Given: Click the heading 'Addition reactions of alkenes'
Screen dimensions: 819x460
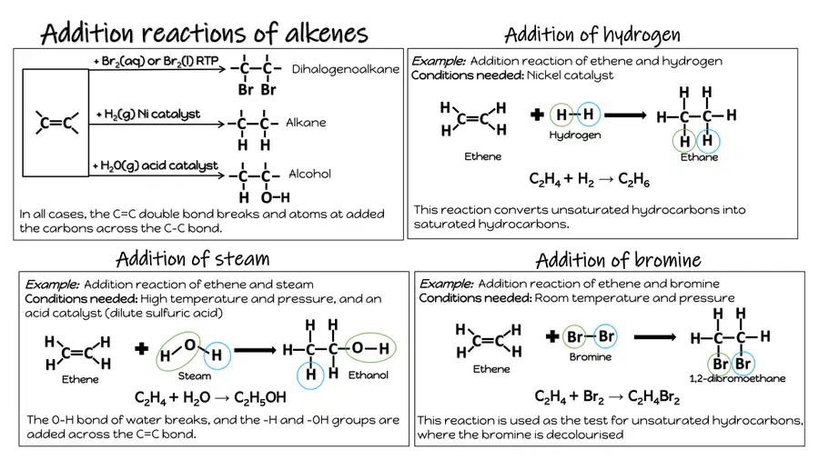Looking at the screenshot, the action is tap(204, 33).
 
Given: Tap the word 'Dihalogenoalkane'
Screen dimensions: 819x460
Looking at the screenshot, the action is tap(345, 69).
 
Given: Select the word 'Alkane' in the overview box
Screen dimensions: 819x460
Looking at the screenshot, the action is tap(306, 123).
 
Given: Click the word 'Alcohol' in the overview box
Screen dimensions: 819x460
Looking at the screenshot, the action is tap(309, 174).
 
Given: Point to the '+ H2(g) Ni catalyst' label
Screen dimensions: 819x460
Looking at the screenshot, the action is tap(148, 115).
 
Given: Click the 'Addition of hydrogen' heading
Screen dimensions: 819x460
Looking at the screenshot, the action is tap(592, 35).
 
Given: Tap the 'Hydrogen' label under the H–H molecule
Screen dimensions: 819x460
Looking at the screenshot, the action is tap(574, 135).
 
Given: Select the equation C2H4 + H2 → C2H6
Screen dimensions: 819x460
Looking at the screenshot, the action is tap(589, 180).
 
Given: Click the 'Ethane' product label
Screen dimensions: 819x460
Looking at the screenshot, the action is tap(699, 157).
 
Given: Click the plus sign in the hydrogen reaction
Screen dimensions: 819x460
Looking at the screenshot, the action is tap(537, 115).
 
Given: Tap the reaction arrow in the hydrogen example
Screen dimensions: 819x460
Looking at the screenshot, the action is tap(625, 115).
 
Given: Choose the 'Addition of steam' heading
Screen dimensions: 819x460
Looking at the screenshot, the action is tap(193, 259).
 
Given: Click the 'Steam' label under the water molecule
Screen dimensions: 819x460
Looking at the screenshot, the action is tap(195, 376).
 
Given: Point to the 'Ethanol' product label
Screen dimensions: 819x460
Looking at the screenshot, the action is tap(369, 375).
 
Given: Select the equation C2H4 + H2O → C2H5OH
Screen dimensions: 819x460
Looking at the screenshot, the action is tap(210, 398).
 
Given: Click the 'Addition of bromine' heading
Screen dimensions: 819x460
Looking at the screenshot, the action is tap(618, 260).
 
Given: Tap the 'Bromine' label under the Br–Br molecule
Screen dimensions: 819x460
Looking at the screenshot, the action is tap(591, 357).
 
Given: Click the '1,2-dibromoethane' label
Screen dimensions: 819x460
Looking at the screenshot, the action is tap(737, 379).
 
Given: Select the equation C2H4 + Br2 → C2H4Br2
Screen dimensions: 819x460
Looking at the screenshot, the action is tap(607, 397).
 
